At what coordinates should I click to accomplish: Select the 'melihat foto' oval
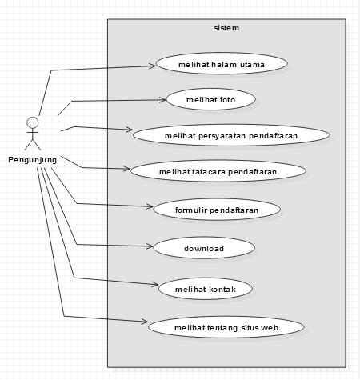210,99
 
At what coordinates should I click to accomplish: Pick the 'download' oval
203,248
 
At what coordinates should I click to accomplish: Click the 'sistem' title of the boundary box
226,28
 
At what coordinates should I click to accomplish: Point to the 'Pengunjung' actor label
32,160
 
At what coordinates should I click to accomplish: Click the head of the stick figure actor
32,122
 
